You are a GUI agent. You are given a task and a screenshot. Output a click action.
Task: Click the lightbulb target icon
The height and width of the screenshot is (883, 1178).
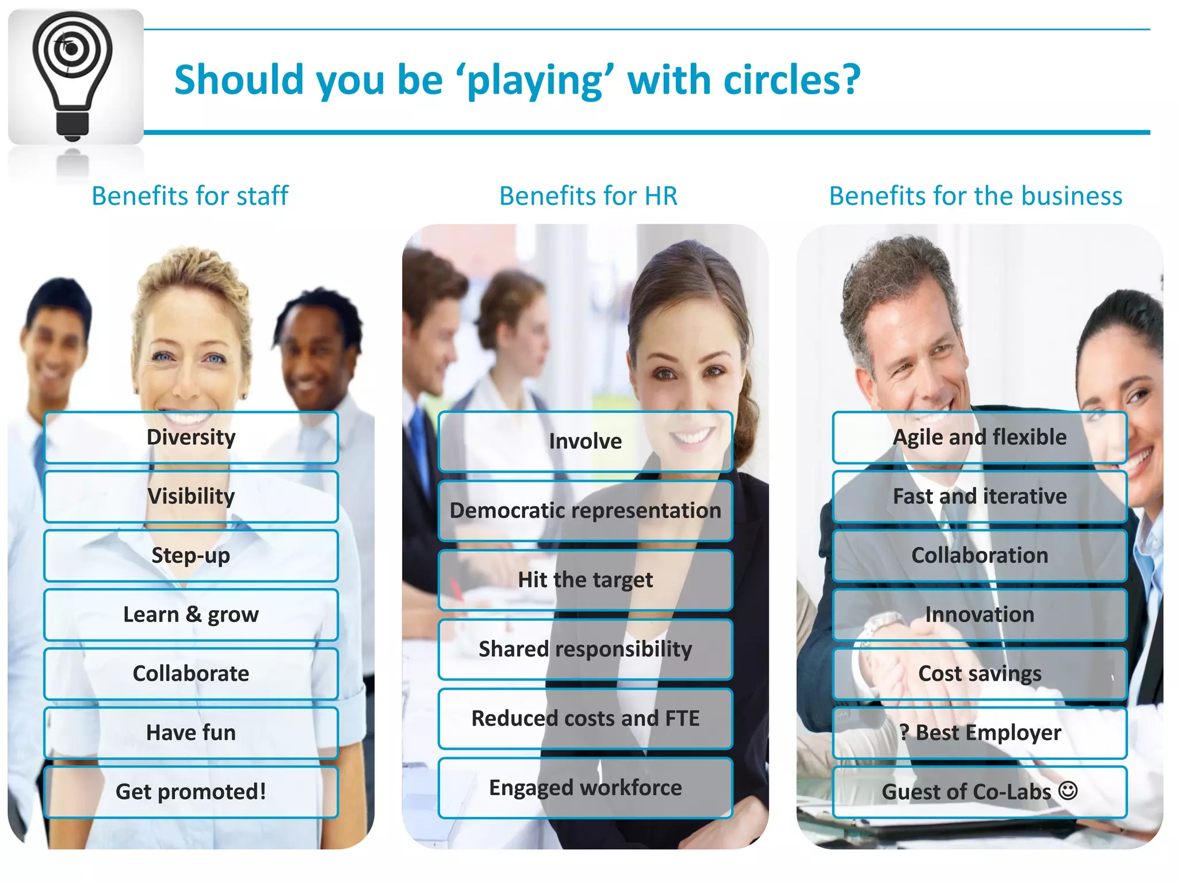(x=72, y=75)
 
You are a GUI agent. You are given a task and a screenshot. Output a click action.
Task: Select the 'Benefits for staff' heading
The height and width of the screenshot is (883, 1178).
(x=190, y=196)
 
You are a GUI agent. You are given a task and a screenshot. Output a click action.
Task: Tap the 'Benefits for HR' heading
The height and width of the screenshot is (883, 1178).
(x=588, y=196)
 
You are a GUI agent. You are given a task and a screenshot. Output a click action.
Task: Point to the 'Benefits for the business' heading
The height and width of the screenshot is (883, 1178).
(x=976, y=196)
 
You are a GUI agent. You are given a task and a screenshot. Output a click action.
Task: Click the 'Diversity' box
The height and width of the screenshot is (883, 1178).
(x=191, y=437)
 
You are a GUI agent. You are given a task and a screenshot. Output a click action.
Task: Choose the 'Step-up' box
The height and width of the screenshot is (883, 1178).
(x=191, y=555)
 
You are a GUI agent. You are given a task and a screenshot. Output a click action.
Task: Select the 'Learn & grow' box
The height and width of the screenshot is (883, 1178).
(x=191, y=615)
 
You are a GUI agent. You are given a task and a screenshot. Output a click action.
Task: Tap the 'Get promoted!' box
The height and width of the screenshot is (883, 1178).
(x=191, y=792)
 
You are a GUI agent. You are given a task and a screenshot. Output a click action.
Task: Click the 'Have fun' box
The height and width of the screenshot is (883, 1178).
(x=191, y=732)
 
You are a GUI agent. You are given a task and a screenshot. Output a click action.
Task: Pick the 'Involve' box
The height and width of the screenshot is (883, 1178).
(x=585, y=441)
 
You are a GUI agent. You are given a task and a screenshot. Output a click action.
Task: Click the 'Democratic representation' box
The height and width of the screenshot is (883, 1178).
(x=585, y=510)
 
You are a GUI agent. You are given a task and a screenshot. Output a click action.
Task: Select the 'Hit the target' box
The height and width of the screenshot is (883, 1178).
(x=585, y=579)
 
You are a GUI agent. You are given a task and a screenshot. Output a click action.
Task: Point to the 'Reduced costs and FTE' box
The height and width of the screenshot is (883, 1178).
(x=585, y=719)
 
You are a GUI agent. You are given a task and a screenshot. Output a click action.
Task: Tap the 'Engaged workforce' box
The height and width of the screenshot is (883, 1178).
(x=585, y=788)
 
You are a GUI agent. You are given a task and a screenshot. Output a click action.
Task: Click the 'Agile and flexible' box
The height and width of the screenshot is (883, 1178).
(x=980, y=437)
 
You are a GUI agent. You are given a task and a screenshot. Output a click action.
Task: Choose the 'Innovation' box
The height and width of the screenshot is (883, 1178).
(x=980, y=615)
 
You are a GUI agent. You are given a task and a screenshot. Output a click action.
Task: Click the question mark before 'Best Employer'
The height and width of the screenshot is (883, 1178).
(x=905, y=732)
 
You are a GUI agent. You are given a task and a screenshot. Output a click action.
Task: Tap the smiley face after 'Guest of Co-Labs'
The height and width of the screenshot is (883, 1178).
(x=1068, y=790)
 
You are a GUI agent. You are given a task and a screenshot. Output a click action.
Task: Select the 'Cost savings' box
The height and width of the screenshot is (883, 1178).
(x=980, y=674)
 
